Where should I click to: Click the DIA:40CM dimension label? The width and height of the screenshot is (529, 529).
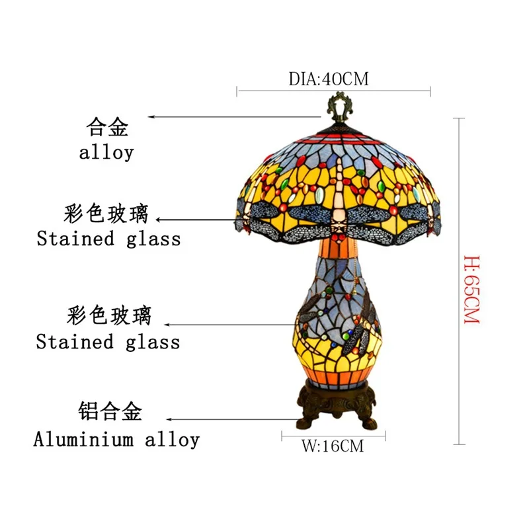point(328,79)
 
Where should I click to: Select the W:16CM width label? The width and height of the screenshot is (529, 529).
point(333,446)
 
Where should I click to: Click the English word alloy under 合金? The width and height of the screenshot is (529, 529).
point(106,153)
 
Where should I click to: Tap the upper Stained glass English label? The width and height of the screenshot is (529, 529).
point(108,239)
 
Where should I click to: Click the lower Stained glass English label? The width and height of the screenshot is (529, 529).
point(108,342)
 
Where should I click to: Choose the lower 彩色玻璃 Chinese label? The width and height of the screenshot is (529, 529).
point(108,316)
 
